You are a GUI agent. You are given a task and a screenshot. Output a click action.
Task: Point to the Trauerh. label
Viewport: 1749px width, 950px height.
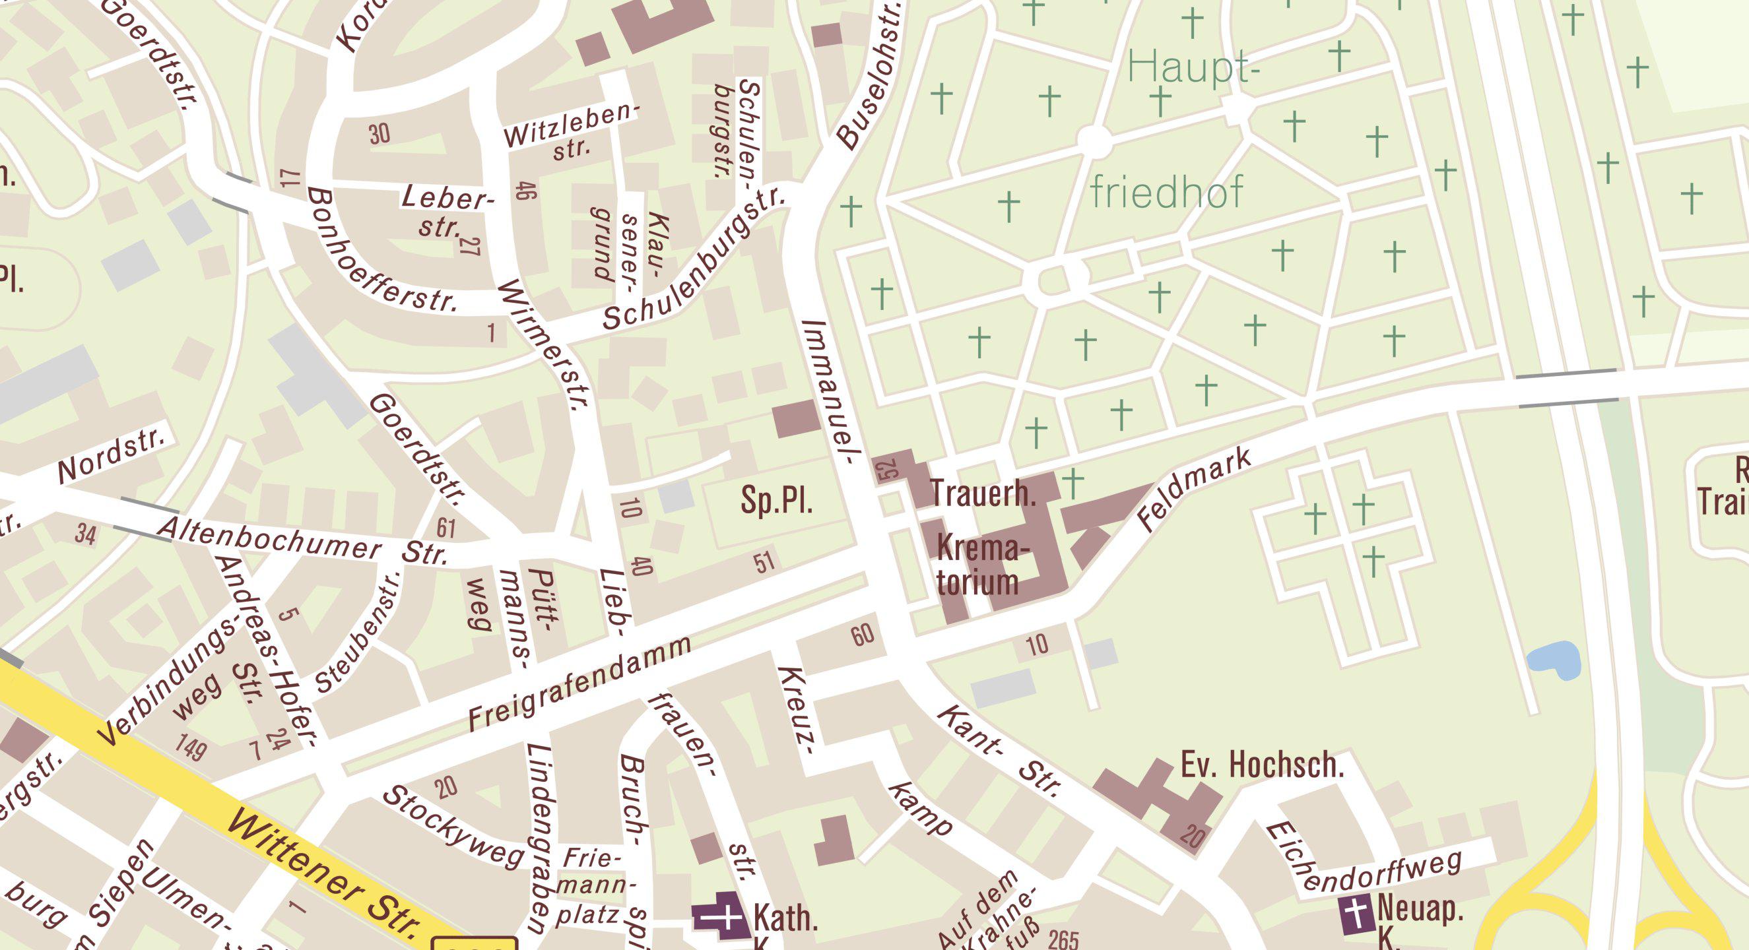tap(983, 493)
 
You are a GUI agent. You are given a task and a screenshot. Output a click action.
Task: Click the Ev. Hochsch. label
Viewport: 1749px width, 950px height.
tap(1262, 765)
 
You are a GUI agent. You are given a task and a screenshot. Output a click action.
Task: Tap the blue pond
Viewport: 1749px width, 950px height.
tap(1555, 660)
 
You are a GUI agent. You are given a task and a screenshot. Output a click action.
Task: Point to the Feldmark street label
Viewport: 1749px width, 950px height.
tap(1195, 489)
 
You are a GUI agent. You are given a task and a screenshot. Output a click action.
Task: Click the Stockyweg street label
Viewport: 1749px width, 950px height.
tap(453, 827)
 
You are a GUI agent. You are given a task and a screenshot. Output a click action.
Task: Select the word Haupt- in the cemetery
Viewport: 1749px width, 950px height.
tap(1188, 68)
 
